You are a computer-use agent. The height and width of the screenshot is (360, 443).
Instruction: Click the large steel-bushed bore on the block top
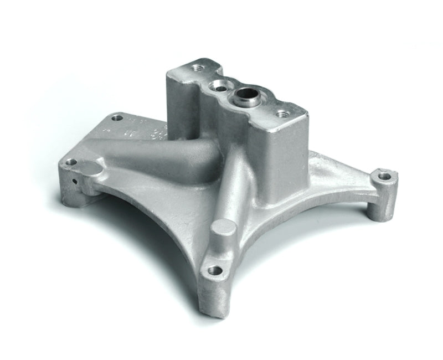point(246,99)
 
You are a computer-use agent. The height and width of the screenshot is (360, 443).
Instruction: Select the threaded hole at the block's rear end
point(197,68)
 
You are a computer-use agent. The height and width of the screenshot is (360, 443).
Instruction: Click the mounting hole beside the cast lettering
point(116,117)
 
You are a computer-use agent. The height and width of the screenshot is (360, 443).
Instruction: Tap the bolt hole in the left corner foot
point(70,163)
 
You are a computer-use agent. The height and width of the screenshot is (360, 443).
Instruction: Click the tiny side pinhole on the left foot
point(73,181)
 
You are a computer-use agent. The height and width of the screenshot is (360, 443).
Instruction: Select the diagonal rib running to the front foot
point(233,188)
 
